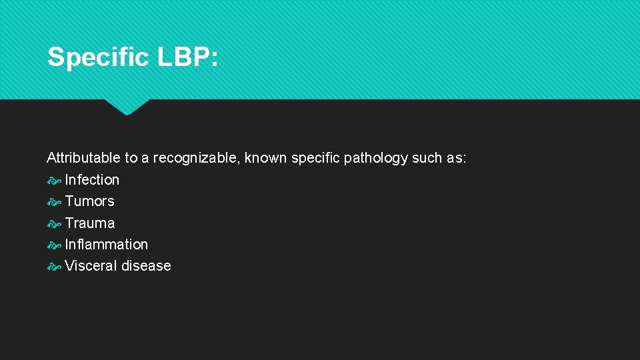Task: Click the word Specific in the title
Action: (x=98, y=57)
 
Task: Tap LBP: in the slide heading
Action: (x=187, y=57)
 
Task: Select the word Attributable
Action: (x=83, y=158)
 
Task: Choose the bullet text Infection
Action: (x=92, y=180)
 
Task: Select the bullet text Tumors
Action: (x=89, y=201)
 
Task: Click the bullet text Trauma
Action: (x=89, y=223)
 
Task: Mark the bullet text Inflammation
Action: (x=107, y=245)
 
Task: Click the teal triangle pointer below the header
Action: (x=127, y=106)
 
